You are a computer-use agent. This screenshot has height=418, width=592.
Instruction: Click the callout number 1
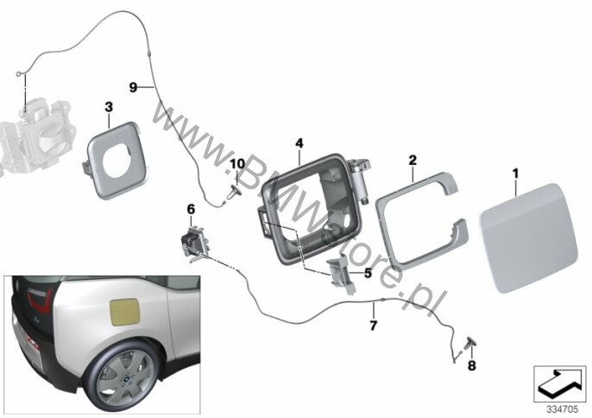pyautogui.click(x=515, y=174)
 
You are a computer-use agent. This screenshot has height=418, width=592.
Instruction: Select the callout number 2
pyautogui.click(x=413, y=161)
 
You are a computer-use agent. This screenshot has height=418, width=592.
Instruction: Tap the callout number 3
pyautogui.click(x=109, y=107)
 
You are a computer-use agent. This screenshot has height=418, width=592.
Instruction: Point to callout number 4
pyautogui.click(x=299, y=143)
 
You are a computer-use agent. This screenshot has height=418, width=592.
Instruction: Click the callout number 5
pyautogui.click(x=368, y=273)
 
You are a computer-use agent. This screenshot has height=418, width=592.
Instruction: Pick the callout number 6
pyautogui.click(x=191, y=209)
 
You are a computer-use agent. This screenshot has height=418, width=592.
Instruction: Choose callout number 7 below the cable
pyautogui.click(x=374, y=325)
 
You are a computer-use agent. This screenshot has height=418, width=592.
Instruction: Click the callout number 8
pyautogui.click(x=471, y=365)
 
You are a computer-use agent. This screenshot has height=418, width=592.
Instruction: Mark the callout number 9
pyautogui.click(x=133, y=87)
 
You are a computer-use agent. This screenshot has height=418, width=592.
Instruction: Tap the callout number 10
pyautogui.click(x=237, y=164)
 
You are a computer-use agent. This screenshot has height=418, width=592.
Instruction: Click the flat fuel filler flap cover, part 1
pyautogui.click(x=528, y=238)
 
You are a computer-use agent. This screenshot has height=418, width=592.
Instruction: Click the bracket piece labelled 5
pyautogui.click(x=343, y=273)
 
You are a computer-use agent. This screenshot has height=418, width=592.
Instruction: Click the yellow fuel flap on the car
pyautogui.click(x=124, y=312)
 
